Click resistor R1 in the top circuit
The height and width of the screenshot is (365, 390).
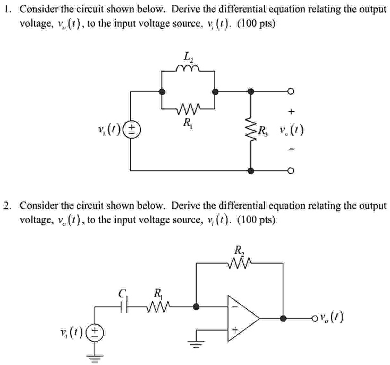(x=188, y=111)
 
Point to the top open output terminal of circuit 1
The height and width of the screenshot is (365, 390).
(x=290, y=91)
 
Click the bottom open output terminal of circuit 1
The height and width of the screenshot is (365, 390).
(x=290, y=171)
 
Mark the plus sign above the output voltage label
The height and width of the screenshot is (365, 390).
(x=290, y=112)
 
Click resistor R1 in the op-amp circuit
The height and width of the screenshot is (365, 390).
(x=158, y=307)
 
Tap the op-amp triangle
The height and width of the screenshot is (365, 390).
(x=242, y=319)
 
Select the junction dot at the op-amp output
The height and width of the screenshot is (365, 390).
(x=283, y=319)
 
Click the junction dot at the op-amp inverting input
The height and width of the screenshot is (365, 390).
(x=197, y=307)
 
